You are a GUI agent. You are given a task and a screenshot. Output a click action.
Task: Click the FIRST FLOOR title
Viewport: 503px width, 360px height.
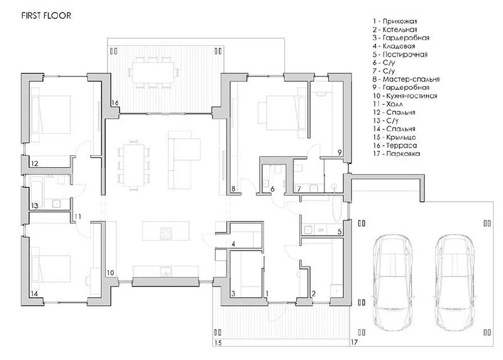[x=46, y=16]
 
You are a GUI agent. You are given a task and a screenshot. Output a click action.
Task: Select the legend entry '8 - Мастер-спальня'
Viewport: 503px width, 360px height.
[x=406, y=79]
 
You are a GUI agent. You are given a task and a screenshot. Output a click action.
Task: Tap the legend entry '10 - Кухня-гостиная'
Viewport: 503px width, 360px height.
[x=405, y=96]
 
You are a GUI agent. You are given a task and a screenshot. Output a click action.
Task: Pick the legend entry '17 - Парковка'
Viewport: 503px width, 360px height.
[x=396, y=153]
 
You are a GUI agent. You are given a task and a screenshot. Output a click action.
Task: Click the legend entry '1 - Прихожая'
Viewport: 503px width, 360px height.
[x=395, y=21]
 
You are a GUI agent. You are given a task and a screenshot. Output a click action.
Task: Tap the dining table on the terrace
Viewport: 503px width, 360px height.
[x=153, y=72]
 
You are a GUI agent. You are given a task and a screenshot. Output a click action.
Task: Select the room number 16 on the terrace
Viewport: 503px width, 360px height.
[x=115, y=103]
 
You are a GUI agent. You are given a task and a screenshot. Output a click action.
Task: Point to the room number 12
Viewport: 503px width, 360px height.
[x=35, y=163]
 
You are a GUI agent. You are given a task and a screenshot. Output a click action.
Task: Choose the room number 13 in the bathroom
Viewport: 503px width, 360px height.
[x=35, y=205]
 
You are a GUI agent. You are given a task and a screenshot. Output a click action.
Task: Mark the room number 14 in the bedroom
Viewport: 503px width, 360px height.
[x=34, y=293]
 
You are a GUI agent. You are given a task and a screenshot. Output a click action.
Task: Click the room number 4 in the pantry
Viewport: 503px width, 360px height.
[x=233, y=244]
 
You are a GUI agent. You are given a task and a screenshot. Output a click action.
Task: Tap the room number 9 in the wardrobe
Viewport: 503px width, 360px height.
[x=340, y=153]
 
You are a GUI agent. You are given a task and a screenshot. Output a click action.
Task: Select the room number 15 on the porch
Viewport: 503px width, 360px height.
[x=218, y=342]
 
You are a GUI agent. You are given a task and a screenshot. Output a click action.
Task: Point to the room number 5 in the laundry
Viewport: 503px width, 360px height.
[x=340, y=231]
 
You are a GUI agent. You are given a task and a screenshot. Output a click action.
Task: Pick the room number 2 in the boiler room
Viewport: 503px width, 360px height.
[x=314, y=293]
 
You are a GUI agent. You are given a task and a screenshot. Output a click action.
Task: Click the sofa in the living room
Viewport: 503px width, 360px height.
[x=184, y=160]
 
